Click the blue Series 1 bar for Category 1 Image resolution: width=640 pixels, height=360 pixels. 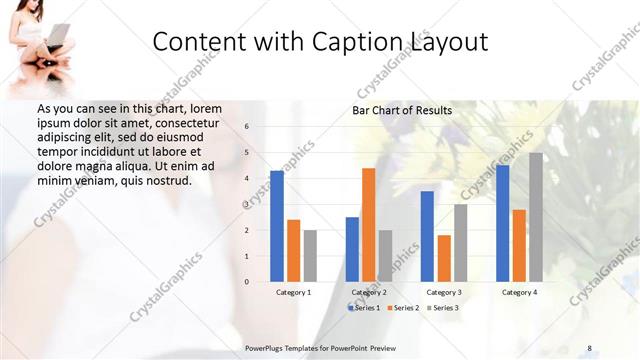tap(277, 226)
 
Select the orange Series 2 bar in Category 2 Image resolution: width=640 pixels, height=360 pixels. tap(368, 224)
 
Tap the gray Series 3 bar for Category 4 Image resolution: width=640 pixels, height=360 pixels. tap(536, 217)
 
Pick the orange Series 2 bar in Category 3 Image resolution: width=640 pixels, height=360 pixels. tap(444, 258)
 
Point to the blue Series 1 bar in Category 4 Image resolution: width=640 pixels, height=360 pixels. tap(502, 223)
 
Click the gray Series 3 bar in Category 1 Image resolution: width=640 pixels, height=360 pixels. tap(310, 255)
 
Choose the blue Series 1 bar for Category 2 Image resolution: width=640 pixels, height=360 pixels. tap(352, 249)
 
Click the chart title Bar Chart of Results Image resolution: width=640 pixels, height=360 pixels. tap(402, 110)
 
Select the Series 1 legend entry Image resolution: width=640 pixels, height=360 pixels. tap(364, 307)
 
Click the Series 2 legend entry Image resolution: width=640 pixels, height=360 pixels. tap(403, 307)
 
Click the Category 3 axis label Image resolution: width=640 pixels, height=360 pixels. tap(444, 292)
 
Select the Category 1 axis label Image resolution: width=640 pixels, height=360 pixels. tap(293, 292)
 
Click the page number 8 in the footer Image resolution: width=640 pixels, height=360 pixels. tap(590, 347)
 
